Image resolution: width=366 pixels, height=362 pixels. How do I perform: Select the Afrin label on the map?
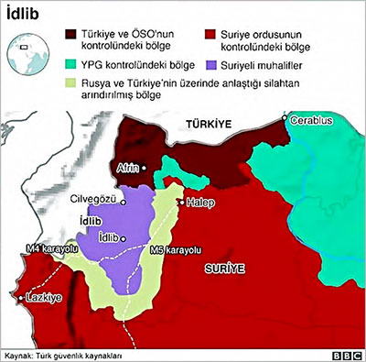[127, 168]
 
